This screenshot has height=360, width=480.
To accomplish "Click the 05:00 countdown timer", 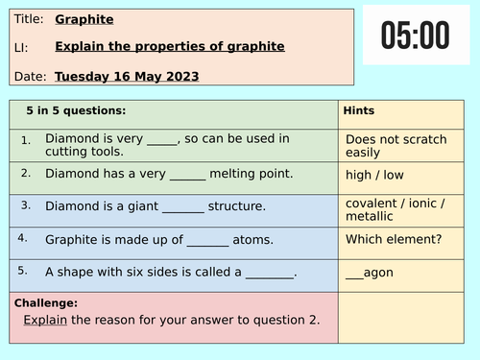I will point(416,36).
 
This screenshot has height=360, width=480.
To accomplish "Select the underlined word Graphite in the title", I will point(84,18).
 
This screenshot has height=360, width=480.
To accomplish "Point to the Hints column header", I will point(359,110).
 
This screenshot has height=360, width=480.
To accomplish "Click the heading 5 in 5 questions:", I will point(77,110).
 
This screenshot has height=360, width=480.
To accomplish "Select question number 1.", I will point(26,140).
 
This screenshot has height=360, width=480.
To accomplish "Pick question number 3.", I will point(26,205).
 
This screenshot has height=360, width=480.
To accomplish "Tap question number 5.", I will point(26,271).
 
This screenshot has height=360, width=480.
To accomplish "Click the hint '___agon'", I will point(370,273).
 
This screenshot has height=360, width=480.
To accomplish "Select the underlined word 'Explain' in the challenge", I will point(45,320).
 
